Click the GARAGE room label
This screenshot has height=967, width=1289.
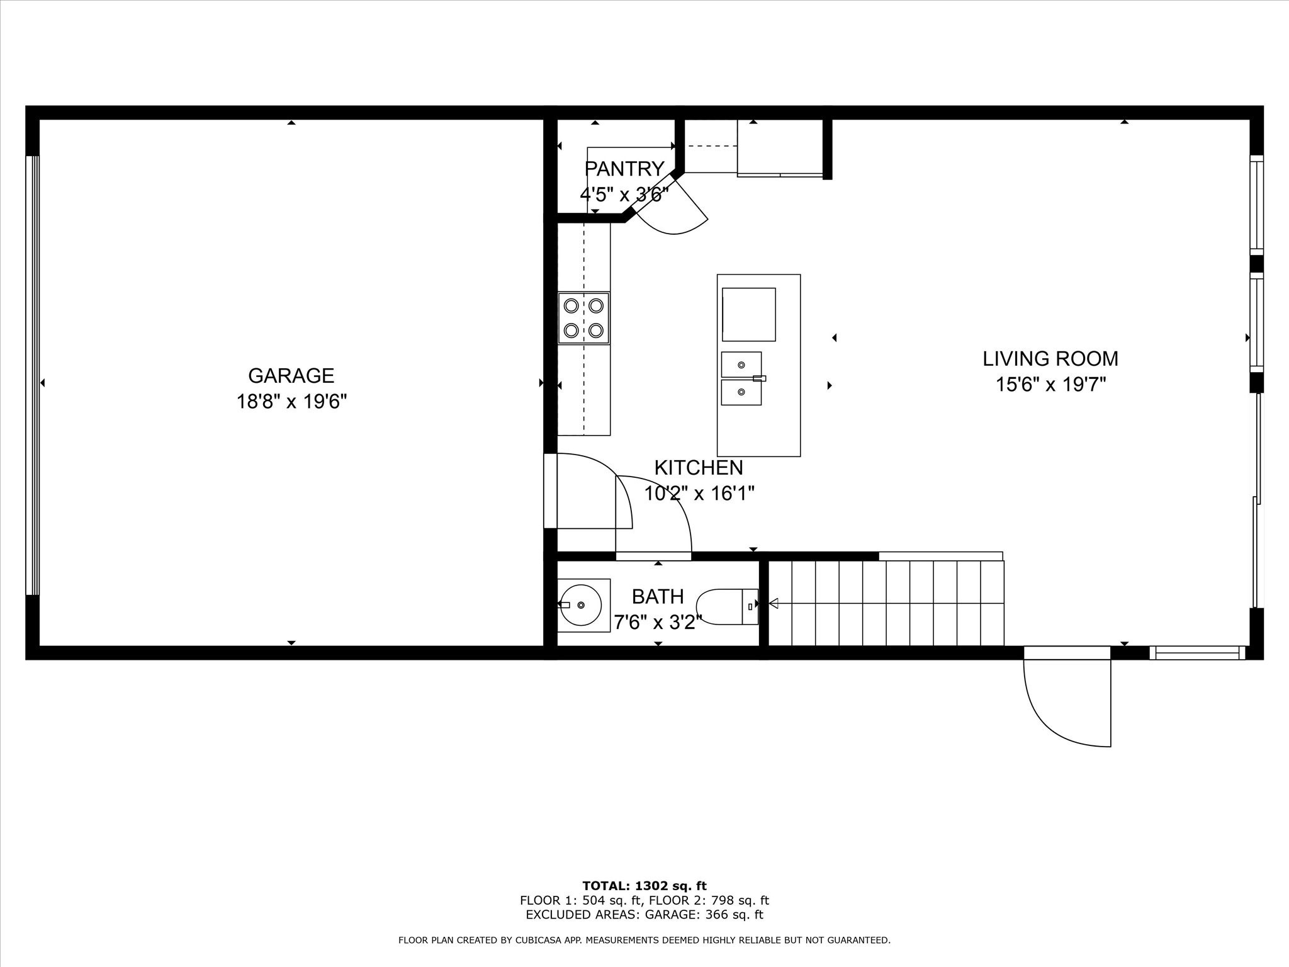[291, 376]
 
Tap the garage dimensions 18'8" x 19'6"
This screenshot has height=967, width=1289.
[291, 402]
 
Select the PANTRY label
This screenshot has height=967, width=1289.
[624, 169]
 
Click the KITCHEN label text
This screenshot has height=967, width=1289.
[699, 468]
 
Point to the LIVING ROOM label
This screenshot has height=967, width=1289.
[1050, 359]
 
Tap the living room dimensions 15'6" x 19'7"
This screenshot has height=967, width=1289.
[1050, 385]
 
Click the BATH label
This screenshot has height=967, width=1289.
[658, 596]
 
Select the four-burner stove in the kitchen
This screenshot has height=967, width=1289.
[583, 318]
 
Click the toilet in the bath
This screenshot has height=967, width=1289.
[729, 607]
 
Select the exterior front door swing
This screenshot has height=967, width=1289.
[1064, 705]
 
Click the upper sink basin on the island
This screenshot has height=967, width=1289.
[741, 365]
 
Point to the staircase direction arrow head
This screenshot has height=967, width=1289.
[774, 604]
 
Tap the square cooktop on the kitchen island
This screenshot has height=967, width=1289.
[748, 314]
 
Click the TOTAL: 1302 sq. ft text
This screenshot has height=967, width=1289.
[644, 886]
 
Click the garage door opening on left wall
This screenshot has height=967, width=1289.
[32, 375]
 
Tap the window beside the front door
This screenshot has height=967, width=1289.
[1197, 653]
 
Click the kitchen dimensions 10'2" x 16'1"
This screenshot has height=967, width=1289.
[699, 494]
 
